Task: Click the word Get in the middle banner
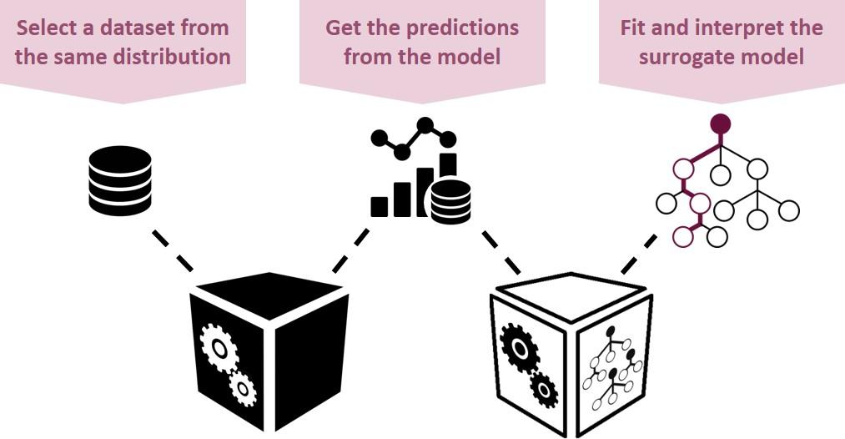click(x=344, y=28)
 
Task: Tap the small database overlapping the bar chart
click(x=450, y=200)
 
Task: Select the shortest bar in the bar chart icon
click(x=380, y=206)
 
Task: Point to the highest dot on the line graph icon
click(x=425, y=125)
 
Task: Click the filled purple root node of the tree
click(x=720, y=124)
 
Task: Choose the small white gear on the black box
click(x=243, y=387)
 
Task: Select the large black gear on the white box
click(x=520, y=347)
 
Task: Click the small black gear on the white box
click(x=544, y=389)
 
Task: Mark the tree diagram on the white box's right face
click(x=614, y=367)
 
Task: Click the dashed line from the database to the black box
click(x=173, y=250)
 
